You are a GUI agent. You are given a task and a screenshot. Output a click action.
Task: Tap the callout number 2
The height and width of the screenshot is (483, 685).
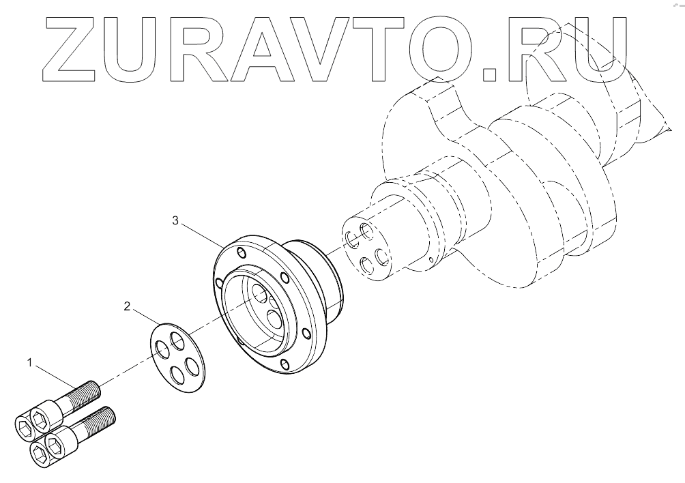coord(127,306)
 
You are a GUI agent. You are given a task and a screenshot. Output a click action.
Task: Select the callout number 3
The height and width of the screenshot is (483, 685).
coord(175,221)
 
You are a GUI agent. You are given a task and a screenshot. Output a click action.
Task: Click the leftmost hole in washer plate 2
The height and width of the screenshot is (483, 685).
coord(162,349)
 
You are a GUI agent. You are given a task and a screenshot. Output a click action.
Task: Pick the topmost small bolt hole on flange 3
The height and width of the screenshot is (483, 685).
coord(240,253)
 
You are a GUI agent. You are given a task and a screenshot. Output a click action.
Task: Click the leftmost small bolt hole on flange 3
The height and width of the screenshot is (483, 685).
coord(218,282)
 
